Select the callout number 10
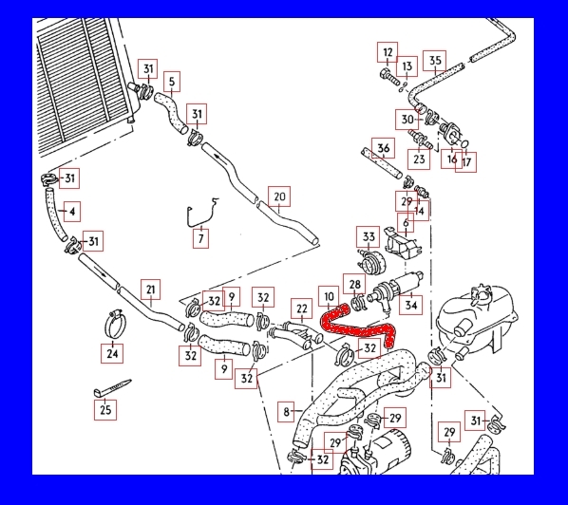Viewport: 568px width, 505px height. click(329, 296)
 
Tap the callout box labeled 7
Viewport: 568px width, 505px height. click(200, 238)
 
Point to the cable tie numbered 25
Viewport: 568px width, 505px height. click(111, 388)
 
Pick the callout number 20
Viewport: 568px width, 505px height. click(279, 196)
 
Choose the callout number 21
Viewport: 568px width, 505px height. click(151, 290)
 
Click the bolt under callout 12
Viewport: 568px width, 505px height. click(389, 78)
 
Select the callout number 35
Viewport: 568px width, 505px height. click(435, 61)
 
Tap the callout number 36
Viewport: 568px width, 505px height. click(383, 148)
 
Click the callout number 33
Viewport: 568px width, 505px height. click(368, 236)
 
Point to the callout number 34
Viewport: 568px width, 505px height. click(410, 305)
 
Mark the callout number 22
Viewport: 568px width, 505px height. click(302, 309)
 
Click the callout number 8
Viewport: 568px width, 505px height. click(286, 412)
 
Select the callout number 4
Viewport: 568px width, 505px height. click(72, 212)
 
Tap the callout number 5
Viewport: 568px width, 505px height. click(172, 82)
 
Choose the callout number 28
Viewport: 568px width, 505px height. click(354, 284)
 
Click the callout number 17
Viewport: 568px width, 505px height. click(465, 162)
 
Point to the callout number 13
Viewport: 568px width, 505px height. click(407, 66)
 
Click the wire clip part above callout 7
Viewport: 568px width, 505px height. click(200, 214)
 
